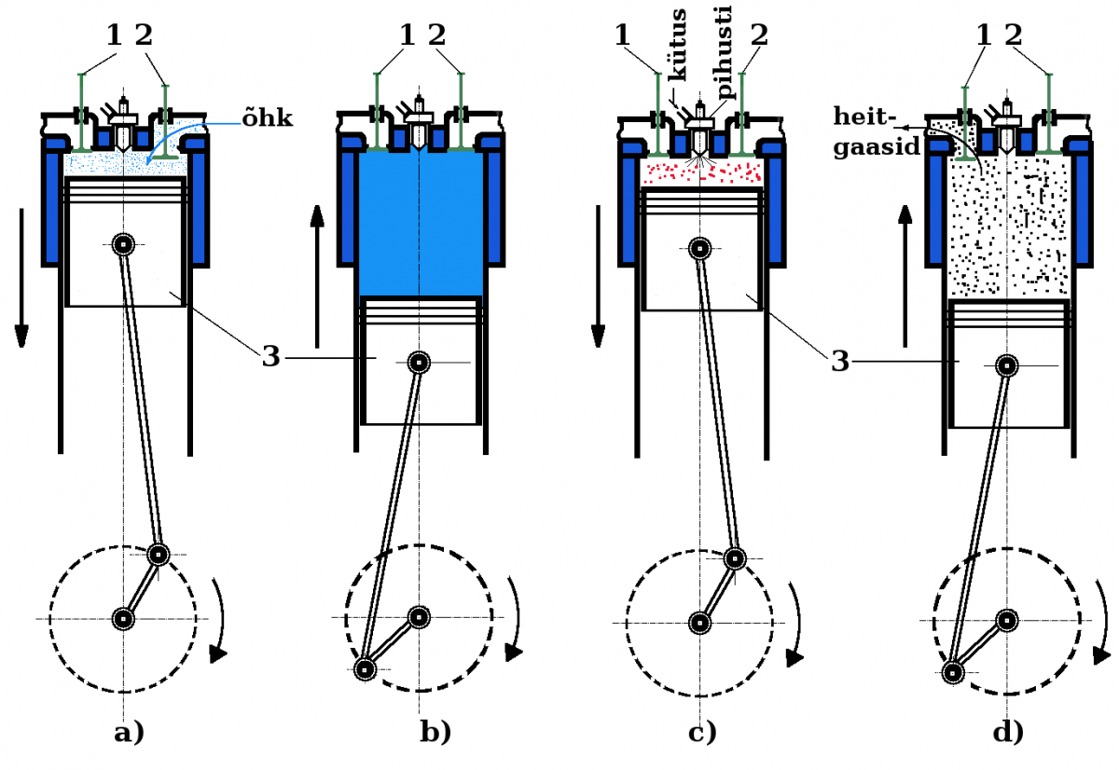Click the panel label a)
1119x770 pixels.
click(x=129, y=733)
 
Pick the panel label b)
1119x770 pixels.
click(x=435, y=733)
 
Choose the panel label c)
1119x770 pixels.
click(x=701, y=733)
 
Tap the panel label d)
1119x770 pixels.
click(x=1007, y=733)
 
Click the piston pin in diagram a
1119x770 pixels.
click(x=123, y=244)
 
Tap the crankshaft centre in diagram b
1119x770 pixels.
click(x=419, y=617)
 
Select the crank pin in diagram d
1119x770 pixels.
click(x=952, y=671)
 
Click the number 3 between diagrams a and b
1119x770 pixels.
click(x=270, y=356)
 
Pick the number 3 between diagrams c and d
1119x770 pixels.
click(x=840, y=360)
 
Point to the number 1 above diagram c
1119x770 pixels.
click(x=623, y=35)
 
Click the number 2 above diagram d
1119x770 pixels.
click(x=1014, y=35)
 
